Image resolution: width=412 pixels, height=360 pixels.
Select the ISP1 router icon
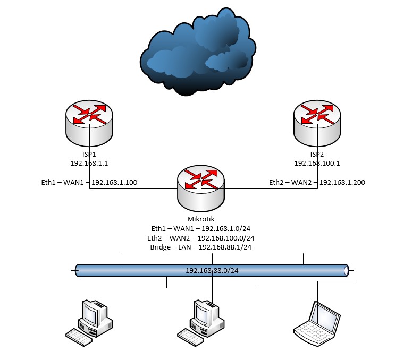point(89,121)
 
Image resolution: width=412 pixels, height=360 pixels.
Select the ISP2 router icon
point(317,121)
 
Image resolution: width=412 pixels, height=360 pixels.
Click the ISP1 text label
point(89,153)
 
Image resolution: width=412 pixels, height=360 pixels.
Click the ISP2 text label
point(317,153)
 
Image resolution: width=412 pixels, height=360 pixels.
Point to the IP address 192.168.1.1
point(89,164)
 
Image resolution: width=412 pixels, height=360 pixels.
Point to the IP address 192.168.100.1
point(317,164)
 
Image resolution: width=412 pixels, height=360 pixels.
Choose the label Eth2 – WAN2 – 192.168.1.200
point(317,183)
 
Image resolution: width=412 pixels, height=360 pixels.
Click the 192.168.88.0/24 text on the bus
point(212,271)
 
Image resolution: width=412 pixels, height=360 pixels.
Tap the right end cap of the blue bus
point(346,270)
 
